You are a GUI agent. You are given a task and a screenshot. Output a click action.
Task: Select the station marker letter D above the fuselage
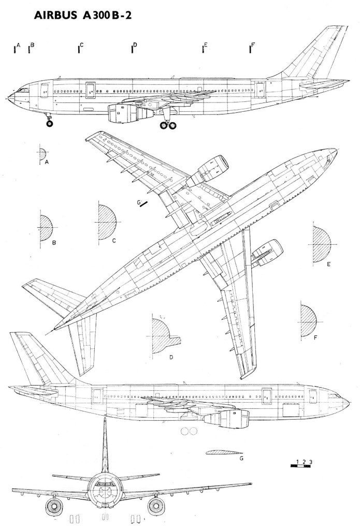tap(135, 45)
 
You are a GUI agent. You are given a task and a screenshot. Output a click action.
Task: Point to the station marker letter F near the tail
tap(253, 45)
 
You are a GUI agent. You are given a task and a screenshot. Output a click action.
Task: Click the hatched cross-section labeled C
tap(107, 222)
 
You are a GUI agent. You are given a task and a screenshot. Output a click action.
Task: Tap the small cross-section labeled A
tap(42, 154)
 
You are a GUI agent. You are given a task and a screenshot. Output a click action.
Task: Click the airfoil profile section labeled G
tap(224, 452)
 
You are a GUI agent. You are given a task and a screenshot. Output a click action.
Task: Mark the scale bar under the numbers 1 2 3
tap(301, 466)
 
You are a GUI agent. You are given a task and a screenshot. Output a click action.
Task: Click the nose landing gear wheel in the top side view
tap(49, 123)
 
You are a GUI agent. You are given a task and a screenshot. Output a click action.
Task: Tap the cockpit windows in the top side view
tap(23, 90)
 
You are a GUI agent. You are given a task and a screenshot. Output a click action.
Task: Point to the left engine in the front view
tap(54, 506)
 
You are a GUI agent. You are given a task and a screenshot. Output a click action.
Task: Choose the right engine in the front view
tap(155, 506)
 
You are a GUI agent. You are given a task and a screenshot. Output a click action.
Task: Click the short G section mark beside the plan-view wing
tap(144, 203)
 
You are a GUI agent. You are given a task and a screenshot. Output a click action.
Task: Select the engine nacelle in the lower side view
tap(226, 418)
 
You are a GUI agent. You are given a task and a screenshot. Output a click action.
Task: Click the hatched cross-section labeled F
tap(308, 320)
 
